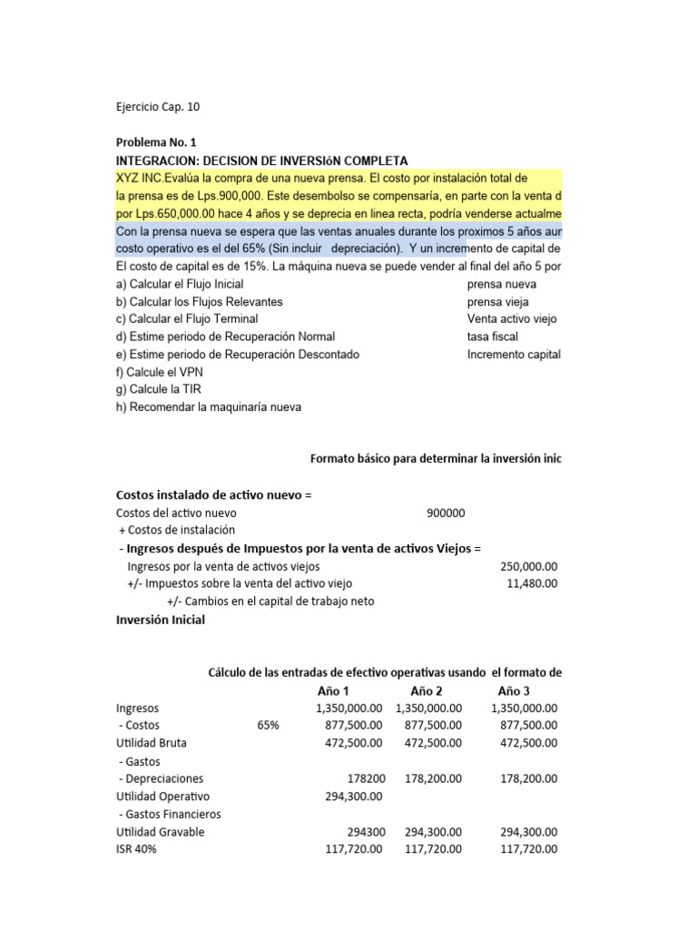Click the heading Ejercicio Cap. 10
(158, 107)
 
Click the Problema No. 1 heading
(156, 142)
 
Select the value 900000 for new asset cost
(446, 513)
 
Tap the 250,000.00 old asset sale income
(529, 566)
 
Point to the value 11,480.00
(532, 583)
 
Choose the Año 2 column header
(427, 690)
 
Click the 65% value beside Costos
(269, 726)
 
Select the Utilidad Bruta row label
(152, 743)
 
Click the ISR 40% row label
(141, 849)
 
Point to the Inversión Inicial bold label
(161, 620)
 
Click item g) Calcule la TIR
(161, 389)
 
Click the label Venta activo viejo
(513, 319)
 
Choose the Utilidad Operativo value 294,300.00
(353, 797)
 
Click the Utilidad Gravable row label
(161, 832)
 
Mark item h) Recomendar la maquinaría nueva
(209, 407)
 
